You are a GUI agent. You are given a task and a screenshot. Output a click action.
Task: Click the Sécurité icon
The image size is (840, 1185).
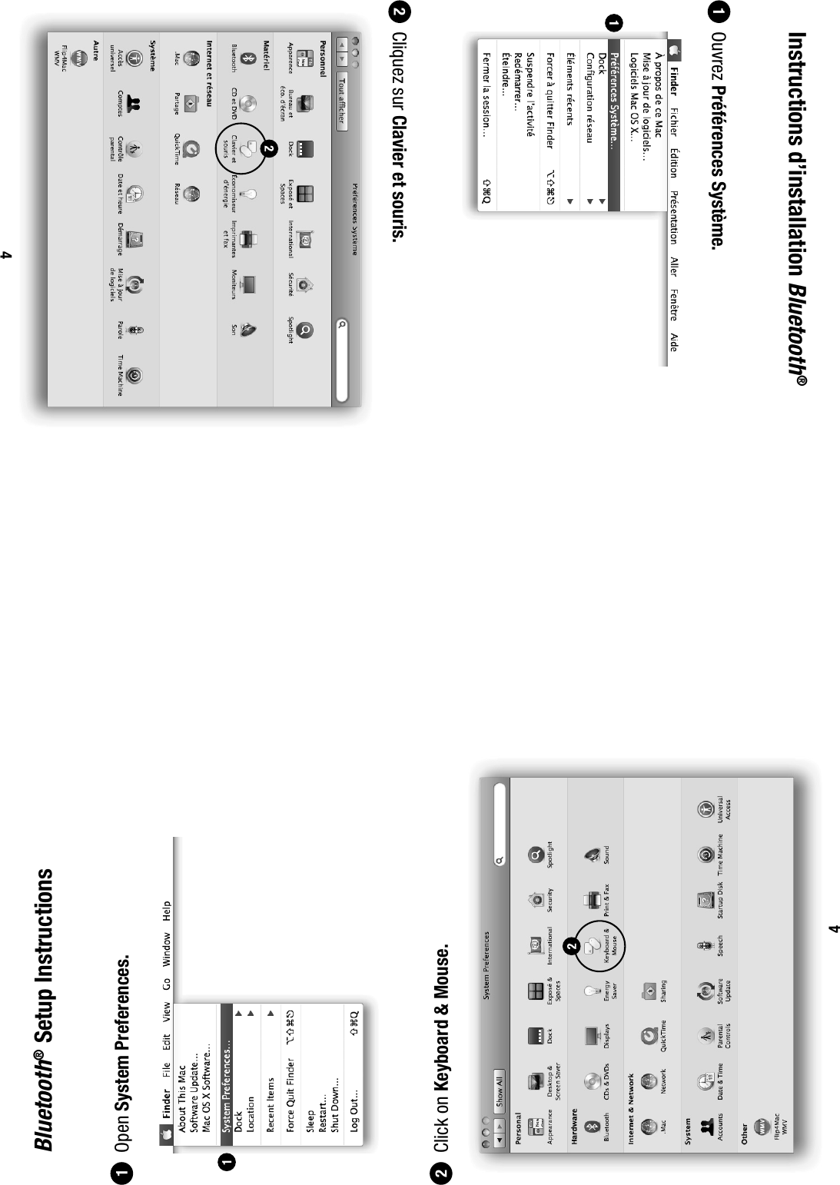(x=304, y=284)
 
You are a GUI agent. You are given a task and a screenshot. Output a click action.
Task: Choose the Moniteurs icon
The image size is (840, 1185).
(x=247, y=284)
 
